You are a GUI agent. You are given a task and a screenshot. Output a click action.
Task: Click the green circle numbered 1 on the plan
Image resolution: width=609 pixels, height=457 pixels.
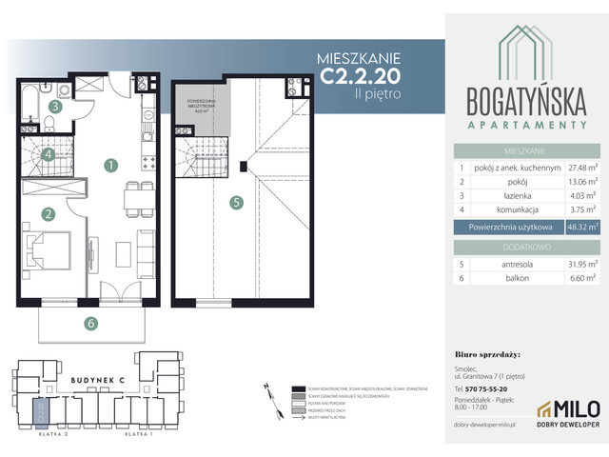pos(111,165)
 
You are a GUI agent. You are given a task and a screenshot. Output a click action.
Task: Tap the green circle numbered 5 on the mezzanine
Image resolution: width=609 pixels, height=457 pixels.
pos(237,202)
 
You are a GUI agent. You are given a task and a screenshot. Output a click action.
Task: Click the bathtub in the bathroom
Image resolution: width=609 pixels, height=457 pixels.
pos(30,99)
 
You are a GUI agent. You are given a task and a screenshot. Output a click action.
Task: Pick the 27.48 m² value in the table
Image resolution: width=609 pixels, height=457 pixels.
pos(582,167)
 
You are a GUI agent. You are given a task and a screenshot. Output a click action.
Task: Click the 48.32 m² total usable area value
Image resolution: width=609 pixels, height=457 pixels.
pos(582,227)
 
